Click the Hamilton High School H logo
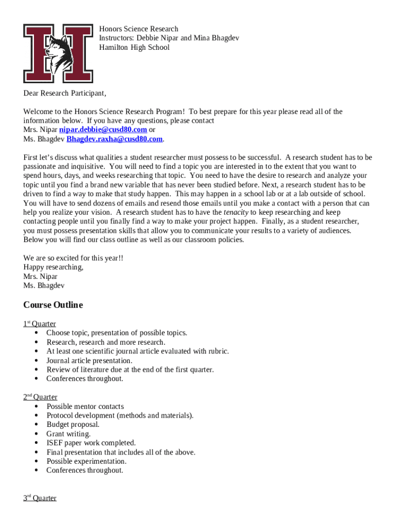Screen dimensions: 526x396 [x=58, y=53]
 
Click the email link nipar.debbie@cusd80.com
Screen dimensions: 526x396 [x=103, y=129]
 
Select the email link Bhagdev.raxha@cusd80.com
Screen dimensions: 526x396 [x=115, y=139]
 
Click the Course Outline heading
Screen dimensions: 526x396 [x=53, y=305]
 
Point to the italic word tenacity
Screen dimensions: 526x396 [x=236, y=212]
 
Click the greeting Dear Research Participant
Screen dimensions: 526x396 [x=65, y=93]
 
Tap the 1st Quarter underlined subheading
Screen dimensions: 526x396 [x=40, y=324]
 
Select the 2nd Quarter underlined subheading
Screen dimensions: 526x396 [x=40, y=397]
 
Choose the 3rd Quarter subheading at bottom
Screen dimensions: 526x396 [x=40, y=498]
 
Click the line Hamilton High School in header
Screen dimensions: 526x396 [x=134, y=47]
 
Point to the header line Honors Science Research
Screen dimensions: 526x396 [x=139, y=29]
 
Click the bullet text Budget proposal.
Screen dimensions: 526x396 [x=73, y=424]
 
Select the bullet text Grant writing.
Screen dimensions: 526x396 [x=68, y=434]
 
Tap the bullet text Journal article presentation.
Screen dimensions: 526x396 [x=89, y=361]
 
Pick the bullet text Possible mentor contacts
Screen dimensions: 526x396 [x=85, y=406]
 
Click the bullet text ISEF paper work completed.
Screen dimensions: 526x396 [x=91, y=443]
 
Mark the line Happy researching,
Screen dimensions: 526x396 [x=53, y=267]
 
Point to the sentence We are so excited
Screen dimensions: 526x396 [x=74, y=258]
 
